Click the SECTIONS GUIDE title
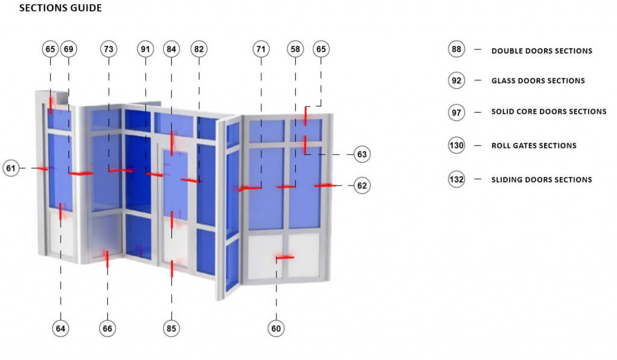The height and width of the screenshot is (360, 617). pyautogui.click(x=60, y=9)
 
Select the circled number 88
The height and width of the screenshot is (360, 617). pyautogui.click(x=456, y=50)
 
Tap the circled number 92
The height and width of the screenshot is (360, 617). pyautogui.click(x=456, y=80)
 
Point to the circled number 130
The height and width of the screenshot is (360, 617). pyautogui.click(x=456, y=145)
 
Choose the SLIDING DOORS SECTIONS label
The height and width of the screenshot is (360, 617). pyautogui.click(x=541, y=180)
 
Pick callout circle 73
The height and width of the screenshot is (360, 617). pyautogui.click(x=108, y=49)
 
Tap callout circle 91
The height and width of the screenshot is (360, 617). pyautogui.click(x=145, y=49)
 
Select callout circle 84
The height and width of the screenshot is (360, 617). pyautogui.click(x=172, y=49)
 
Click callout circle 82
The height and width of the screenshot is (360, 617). pyautogui.click(x=199, y=49)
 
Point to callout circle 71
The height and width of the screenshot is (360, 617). pyautogui.click(x=261, y=49)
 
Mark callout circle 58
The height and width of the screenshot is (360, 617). pyautogui.click(x=295, y=49)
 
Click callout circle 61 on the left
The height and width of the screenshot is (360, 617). pyautogui.click(x=11, y=168)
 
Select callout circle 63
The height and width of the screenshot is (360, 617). pyautogui.click(x=362, y=154)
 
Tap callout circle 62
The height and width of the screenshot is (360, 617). pyautogui.click(x=362, y=186)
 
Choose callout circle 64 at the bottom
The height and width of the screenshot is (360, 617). pyautogui.click(x=60, y=329)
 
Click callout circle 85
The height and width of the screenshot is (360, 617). pyautogui.click(x=172, y=329)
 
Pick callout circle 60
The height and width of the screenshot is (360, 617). pyautogui.click(x=277, y=329)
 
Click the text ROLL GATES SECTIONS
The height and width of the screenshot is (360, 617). pyautogui.click(x=534, y=145)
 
